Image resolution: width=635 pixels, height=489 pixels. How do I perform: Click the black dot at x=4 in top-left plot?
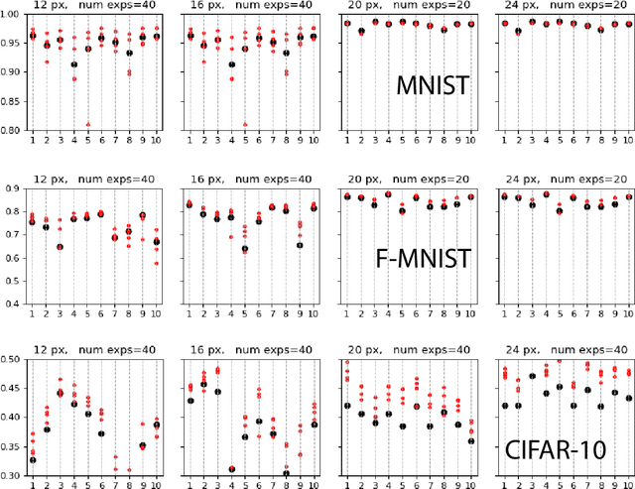pyautogui.click(x=73, y=64)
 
